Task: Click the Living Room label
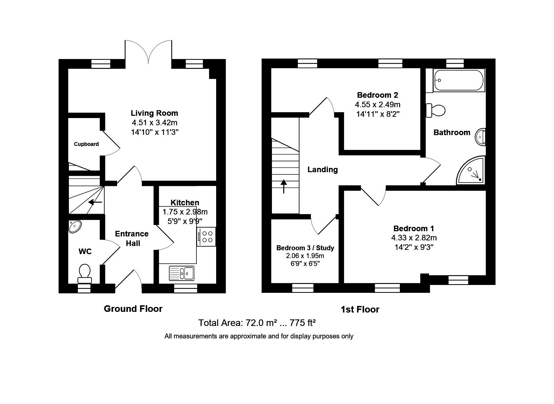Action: click(154, 113)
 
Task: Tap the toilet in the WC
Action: click(85, 273)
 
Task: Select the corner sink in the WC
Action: click(75, 226)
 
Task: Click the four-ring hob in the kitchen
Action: click(207, 236)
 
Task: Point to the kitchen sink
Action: click(182, 273)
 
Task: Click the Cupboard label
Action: click(86, 144)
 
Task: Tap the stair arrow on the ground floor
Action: click(95, 202)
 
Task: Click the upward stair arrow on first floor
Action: click(283, 186)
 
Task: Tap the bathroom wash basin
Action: click(481, 136)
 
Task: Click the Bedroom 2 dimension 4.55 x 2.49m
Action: click(377, 105)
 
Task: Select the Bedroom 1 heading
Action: click(414, 228)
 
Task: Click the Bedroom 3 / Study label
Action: click(305, 248)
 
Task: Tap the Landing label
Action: click(322, 170)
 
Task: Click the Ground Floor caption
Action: click(133, 309)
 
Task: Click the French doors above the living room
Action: click(148, 51)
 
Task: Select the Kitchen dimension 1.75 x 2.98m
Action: click(185, 212)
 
